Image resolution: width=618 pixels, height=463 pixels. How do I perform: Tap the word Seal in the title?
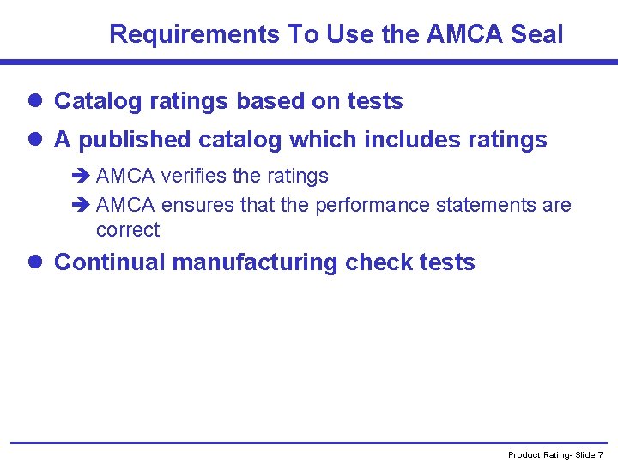point(537,34)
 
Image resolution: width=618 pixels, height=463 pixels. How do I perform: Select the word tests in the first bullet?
point(375,101)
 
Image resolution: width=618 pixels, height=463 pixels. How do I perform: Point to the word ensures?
point(194,206)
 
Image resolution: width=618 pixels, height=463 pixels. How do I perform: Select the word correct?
point(128,230)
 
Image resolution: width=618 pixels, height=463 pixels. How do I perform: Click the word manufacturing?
point(256,263)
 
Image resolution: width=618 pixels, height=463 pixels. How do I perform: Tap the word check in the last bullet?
point(379,262)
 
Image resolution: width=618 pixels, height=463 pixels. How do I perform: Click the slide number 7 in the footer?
point(600,454)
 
